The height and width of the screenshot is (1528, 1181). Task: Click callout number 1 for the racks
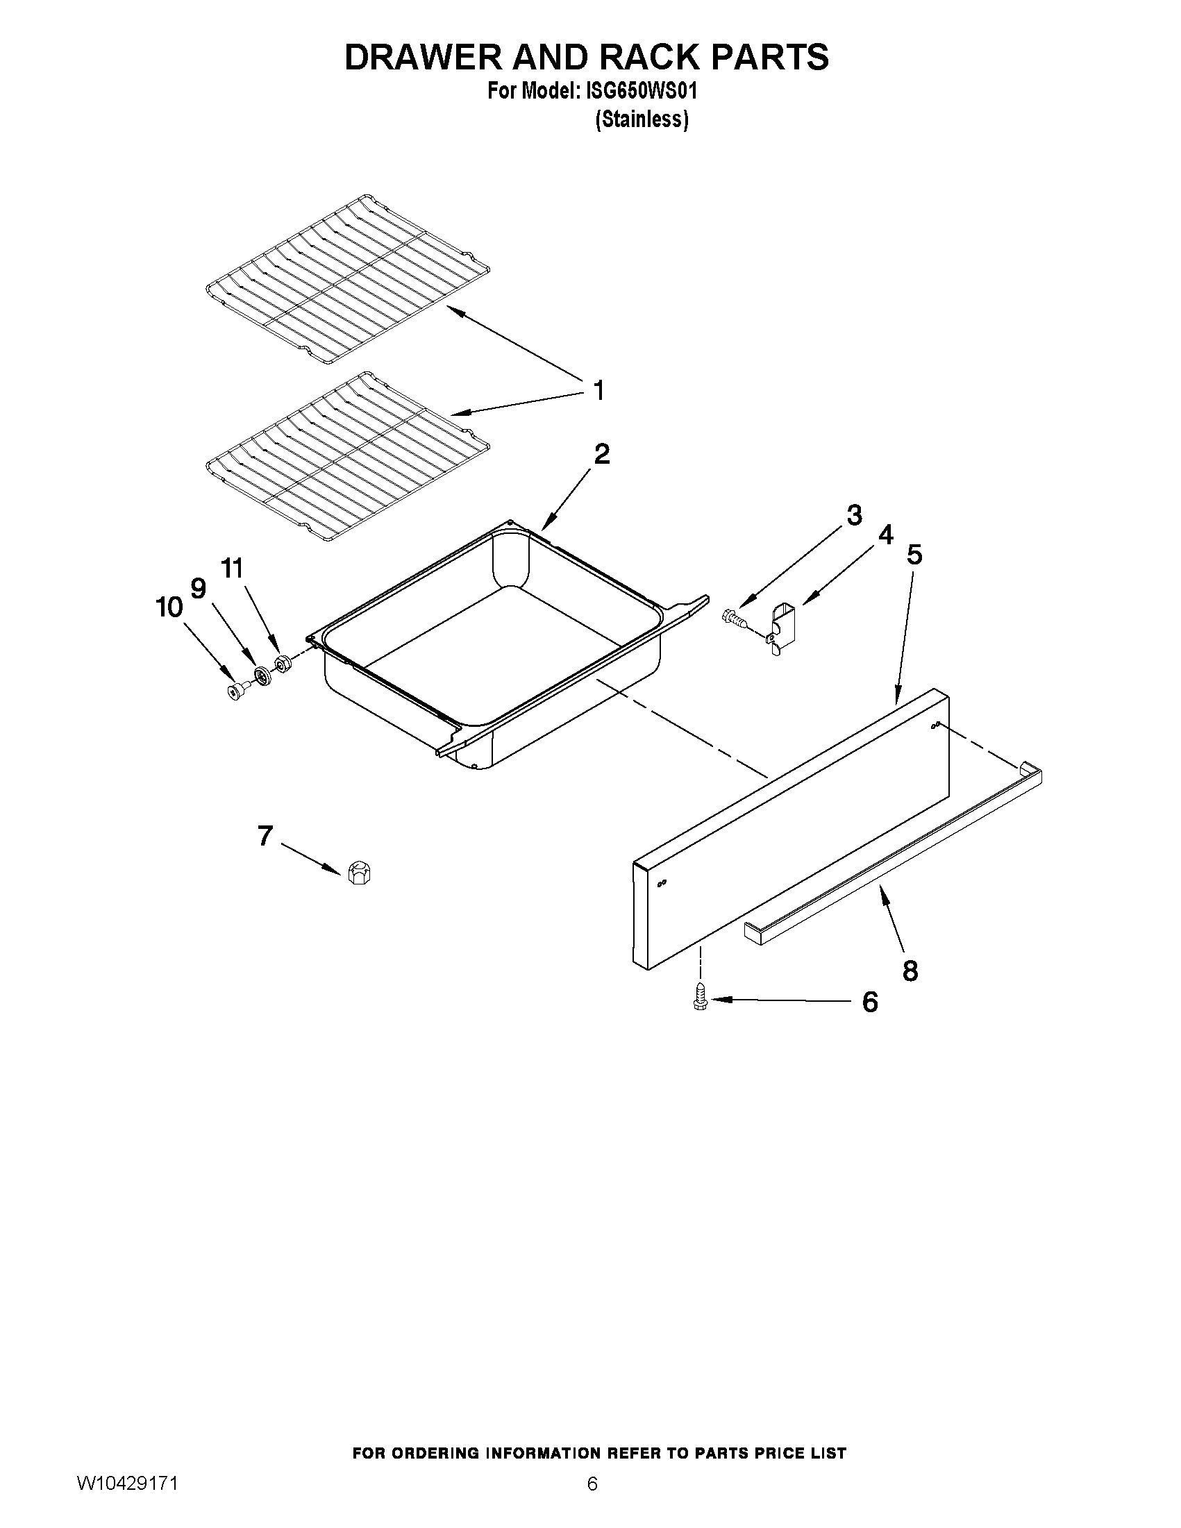598,390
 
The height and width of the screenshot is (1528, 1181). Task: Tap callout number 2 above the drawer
602,455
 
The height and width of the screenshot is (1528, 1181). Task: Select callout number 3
853,516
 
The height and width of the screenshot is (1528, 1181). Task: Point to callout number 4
885,535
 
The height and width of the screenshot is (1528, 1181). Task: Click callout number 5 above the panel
914,555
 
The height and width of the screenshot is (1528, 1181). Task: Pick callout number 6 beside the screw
870,1002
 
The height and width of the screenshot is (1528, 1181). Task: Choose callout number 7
265,836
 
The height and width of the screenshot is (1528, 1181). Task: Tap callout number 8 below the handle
910,971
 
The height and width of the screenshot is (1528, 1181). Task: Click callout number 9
199,589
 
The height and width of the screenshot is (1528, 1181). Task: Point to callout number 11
233,568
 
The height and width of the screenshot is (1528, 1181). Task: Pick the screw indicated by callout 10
237,691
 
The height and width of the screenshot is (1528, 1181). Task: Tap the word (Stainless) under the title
642,120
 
